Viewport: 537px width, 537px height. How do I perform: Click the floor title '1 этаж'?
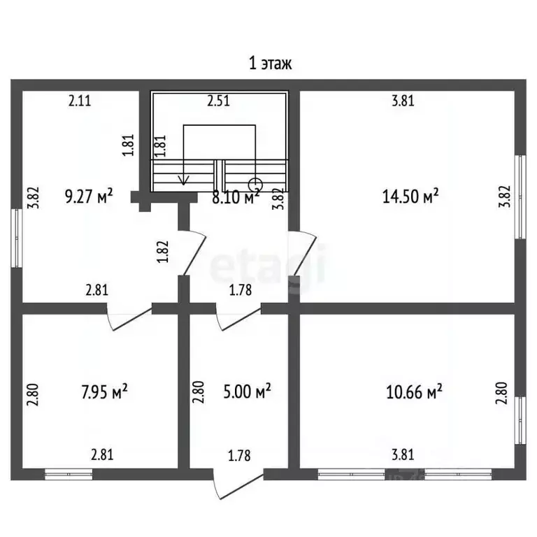(270, 64)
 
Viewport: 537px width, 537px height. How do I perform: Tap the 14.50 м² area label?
(410, 196)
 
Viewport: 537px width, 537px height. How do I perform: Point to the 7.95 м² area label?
(104, 392)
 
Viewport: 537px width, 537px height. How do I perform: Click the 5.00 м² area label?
(247, 392)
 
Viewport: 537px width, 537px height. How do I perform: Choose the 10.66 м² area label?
(414, 392)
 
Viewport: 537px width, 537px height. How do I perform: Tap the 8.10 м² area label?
(236, 198)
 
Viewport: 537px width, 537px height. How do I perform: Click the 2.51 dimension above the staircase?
(218, 101)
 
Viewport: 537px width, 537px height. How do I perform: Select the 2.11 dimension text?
(80, 101)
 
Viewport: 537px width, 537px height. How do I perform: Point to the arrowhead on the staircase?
(184, 180)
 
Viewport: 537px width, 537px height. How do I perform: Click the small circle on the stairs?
(255, 185)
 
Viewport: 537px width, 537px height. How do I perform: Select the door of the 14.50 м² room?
(302, 253)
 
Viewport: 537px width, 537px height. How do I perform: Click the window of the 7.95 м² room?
(69, 474)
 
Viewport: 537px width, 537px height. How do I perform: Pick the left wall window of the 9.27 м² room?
(17, 238)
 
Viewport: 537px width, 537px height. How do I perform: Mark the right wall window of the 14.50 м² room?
(520, 197)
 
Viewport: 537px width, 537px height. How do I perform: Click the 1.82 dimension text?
(164, 252)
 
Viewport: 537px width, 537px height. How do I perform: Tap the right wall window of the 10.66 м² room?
(520, 420)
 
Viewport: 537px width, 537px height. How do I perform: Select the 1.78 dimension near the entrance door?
(239, 455)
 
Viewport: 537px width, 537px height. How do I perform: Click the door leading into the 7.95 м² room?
(129, 317)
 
